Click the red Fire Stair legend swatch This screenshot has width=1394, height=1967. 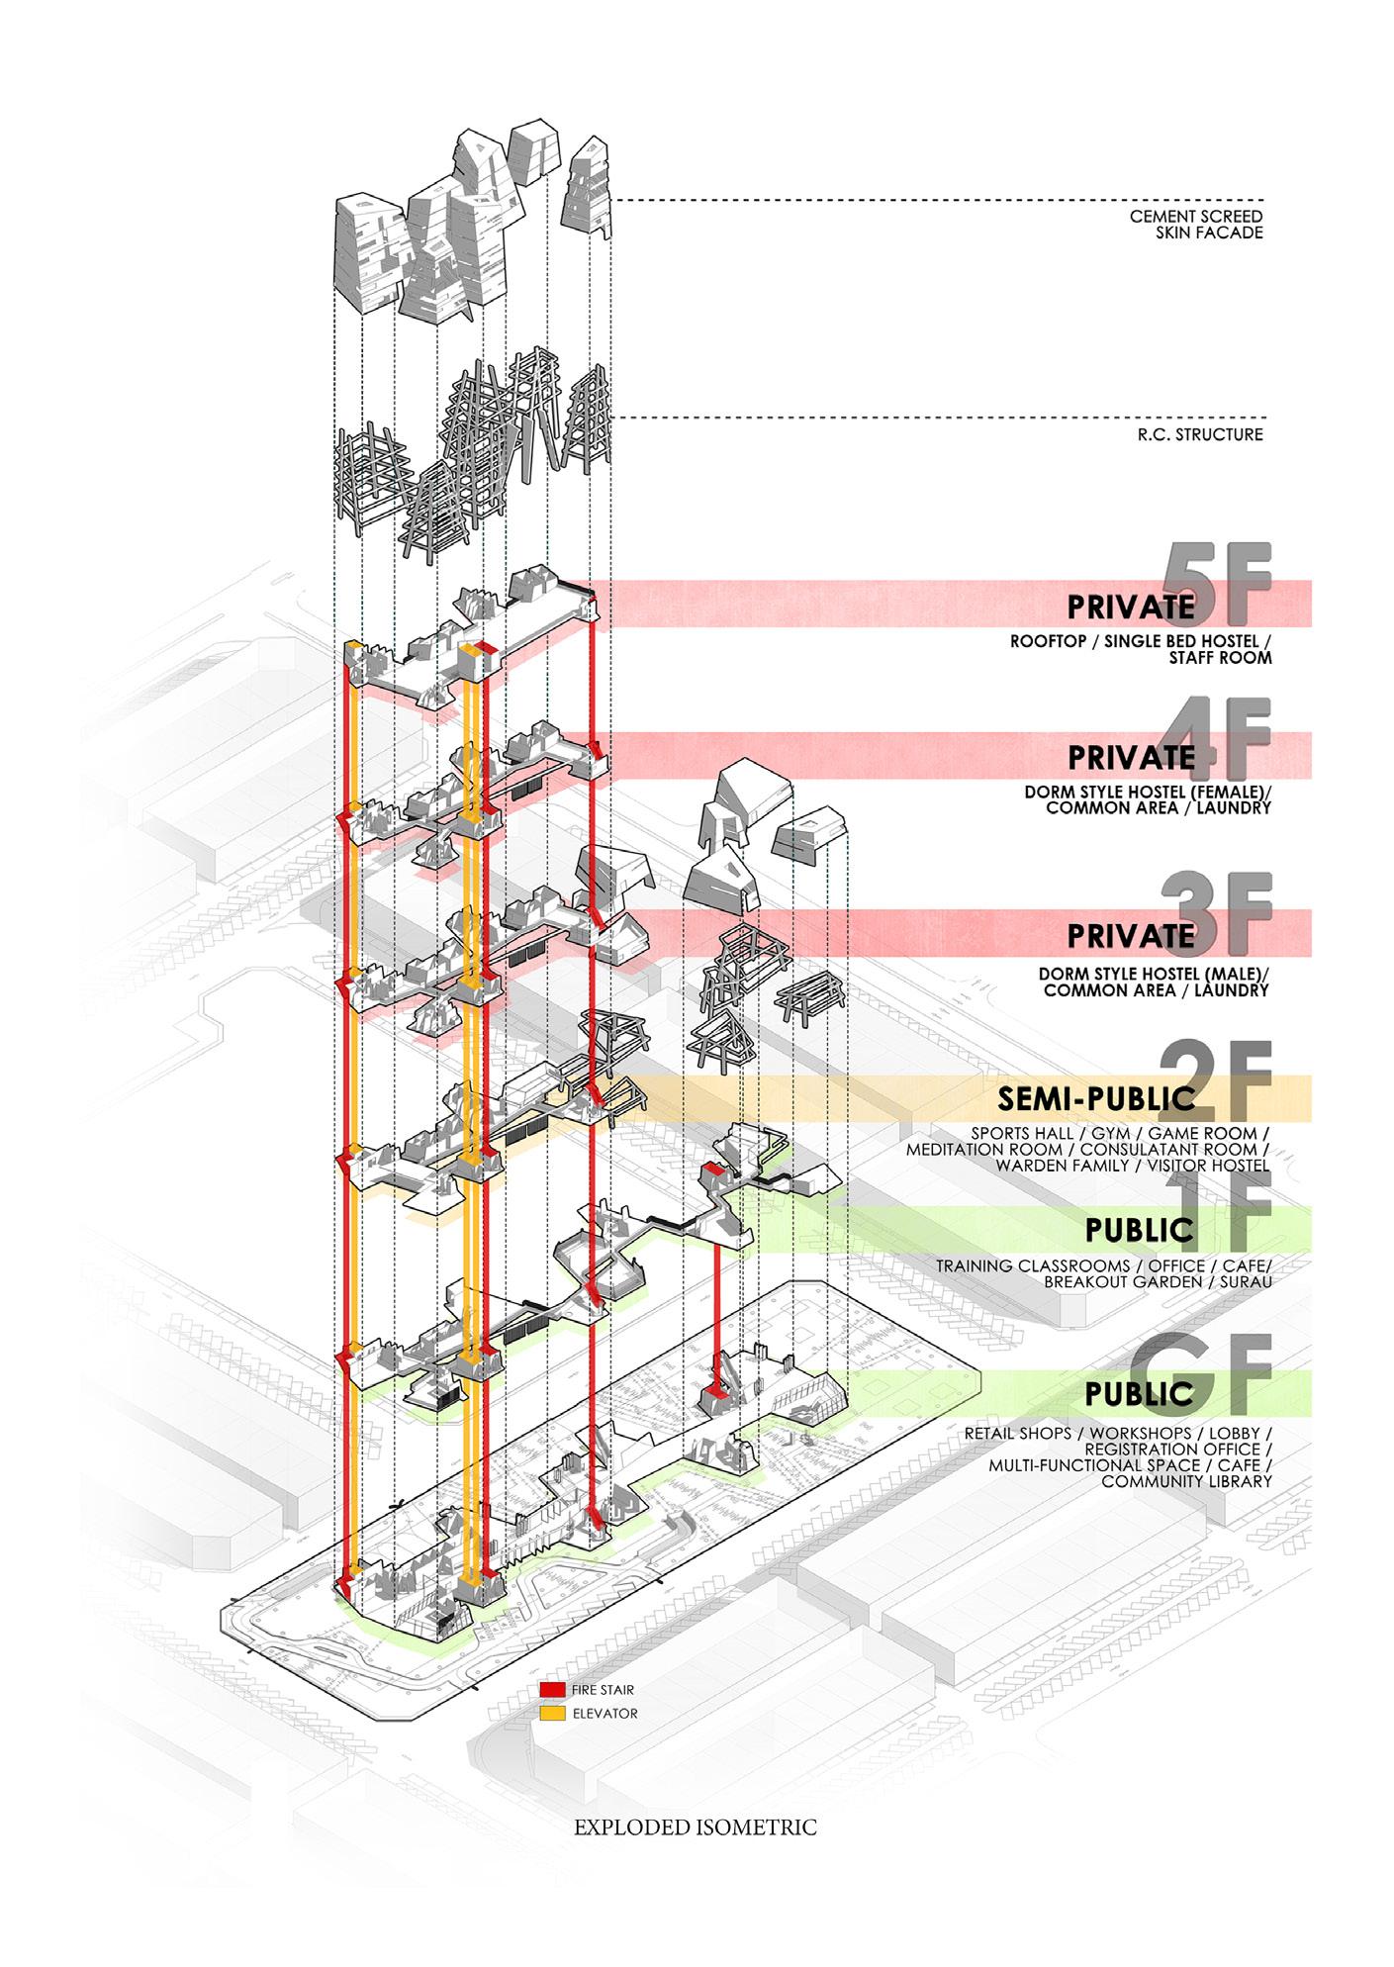coord(553,1690)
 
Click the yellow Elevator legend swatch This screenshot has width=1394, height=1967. coord(553,1713)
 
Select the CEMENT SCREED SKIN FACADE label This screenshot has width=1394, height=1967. coord(1196,226)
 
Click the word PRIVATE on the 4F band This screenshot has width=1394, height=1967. coord(1131,758)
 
